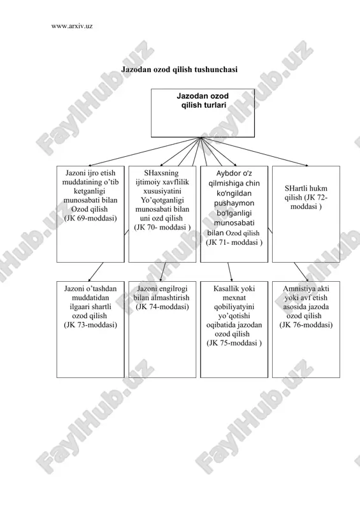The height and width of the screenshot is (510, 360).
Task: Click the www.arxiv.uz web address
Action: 72,26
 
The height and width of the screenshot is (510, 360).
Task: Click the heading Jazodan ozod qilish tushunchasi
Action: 179,69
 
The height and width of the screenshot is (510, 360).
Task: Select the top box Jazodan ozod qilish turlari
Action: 203,113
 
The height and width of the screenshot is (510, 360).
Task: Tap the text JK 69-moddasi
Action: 90,218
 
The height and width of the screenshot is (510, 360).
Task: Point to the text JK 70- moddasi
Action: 162,228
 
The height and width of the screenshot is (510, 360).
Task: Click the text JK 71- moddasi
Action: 234,242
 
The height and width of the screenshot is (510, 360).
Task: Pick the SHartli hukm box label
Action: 306,198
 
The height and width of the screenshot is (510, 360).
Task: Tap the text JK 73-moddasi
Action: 90,325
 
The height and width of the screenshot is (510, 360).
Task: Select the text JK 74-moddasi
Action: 162,307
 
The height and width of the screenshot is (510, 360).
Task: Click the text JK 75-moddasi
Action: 234,343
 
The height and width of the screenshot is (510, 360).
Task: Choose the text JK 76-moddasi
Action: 306,325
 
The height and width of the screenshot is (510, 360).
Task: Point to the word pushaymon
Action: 234,203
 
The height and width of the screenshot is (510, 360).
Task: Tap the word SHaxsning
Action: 161,173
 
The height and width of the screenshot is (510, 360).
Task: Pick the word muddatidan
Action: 90,298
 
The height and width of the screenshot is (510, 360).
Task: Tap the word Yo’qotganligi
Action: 162,200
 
